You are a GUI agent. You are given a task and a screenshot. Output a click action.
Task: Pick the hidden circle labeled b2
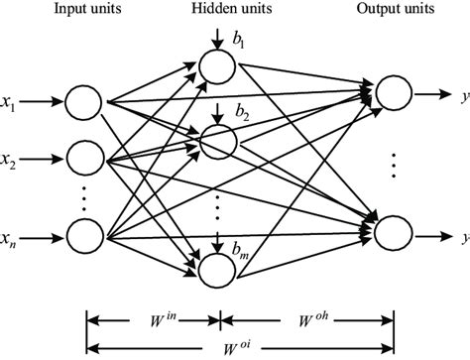(215, 141)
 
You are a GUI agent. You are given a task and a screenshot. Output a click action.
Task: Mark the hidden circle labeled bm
(215, 267)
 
